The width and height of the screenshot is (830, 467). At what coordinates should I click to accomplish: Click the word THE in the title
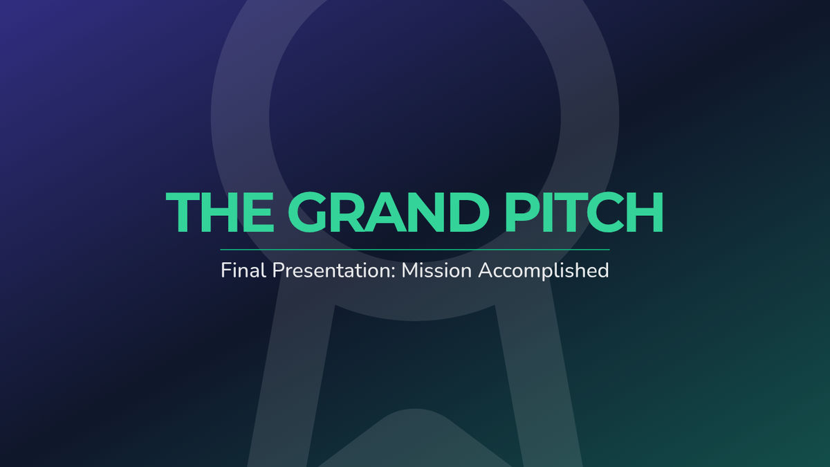click(220, 212)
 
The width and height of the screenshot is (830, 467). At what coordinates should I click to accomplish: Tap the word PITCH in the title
click(584, 212)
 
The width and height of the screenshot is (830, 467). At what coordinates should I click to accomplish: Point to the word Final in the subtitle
click(243, 270)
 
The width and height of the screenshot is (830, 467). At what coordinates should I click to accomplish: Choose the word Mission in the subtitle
click(436, 270)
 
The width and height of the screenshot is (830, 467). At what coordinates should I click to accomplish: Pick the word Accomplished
click(544, 271)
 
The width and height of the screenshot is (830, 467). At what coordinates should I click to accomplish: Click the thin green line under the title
click(414, 250)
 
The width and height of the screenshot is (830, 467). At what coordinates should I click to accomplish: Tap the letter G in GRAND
click(308, 212)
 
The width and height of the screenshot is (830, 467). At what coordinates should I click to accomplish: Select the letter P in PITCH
click(522, 212)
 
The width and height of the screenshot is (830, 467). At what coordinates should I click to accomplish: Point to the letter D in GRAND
click(470, 212)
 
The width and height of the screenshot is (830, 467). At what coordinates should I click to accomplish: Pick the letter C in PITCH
click(604, 212)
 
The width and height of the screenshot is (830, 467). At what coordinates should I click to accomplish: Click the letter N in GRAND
click(425, 212)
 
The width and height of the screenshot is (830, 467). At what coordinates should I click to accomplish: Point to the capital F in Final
click(226, 271)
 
